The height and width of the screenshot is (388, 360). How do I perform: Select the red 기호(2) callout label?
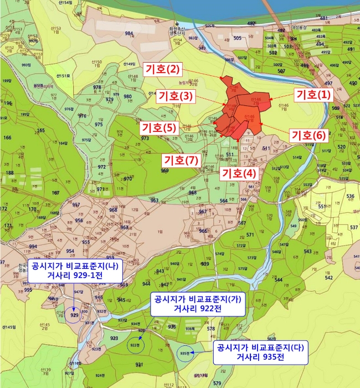[162, 70]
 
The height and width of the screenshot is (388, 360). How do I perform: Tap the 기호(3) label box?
[175, 96]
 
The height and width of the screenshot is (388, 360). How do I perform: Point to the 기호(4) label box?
[239, 173]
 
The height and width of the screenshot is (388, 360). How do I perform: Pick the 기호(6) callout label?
[309, 135]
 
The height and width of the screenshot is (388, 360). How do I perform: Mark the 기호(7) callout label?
[180, 160]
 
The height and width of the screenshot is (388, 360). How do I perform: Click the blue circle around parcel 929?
[74, 315]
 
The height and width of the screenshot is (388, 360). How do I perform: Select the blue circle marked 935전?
[186, 353]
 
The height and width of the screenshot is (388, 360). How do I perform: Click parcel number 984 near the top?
[128, 34]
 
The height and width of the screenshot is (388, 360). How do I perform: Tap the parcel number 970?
[127, 179]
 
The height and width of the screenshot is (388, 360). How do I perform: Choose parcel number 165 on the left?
[40, 131]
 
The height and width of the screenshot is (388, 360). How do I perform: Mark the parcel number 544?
[279, 280]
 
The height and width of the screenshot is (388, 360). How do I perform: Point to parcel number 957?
[76, 205]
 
